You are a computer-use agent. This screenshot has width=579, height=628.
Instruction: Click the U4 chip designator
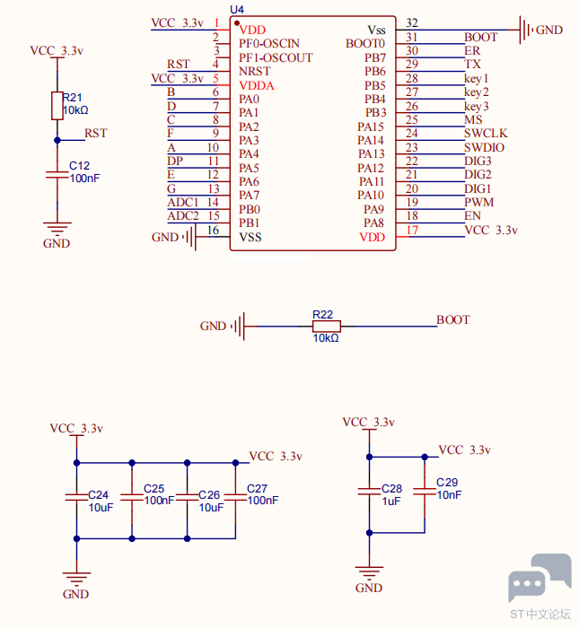click(x=237, y=9)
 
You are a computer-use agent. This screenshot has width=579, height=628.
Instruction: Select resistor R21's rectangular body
click(x=57, y=106)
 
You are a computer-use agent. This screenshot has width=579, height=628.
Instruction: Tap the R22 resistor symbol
click(x=327, y=327)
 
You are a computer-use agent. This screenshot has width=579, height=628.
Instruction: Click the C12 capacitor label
click(x=79, y=165)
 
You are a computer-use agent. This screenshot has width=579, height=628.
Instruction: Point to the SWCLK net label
click(x=486, y=133)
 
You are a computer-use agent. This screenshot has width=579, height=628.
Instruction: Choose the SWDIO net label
click(x=484, y=147)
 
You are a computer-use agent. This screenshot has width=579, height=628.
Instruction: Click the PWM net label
click(x=478, y=202)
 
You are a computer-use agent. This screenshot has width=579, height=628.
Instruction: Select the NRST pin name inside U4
click(x=255, y=71)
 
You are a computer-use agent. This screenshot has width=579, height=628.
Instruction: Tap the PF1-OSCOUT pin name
click(x=276, y=57)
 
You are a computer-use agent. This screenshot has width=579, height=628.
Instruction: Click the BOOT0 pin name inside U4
click(x=365, y=44)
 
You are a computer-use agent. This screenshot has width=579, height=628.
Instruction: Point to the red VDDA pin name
click(x=257, y=86)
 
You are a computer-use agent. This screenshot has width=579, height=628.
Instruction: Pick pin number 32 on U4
click(x=412, y=22)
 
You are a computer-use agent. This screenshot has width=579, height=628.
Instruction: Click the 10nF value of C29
click(x=449, y=495)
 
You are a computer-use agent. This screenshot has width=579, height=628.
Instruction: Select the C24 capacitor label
click(x=98, y=495)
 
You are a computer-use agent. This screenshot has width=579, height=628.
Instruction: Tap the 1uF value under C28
click(x=391, y=502)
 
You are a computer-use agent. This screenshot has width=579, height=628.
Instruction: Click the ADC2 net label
click(x=183, y=216)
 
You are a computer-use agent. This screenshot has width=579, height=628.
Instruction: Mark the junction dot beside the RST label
click(x=57, y=140)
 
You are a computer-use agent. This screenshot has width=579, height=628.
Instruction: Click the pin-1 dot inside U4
click(x=237, y=23)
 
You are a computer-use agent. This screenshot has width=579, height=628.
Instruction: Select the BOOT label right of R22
click(x=452, y=319)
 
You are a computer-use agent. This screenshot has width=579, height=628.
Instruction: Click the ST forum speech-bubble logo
click(x=540, y=578)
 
